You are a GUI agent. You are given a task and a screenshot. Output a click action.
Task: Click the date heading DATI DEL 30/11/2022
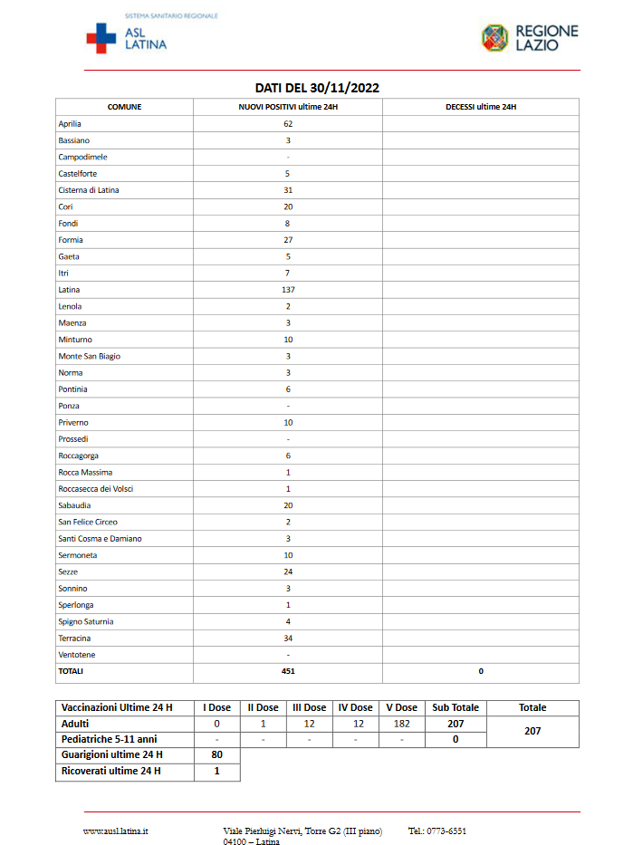316,88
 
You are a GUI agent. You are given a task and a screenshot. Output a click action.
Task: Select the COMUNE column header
125,107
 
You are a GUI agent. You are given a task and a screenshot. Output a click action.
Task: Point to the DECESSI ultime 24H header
480,107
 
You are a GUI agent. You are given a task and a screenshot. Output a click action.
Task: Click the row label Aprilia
71,123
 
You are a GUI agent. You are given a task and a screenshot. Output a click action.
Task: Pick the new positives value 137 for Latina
288,290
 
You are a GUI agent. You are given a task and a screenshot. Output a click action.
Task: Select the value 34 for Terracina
288,638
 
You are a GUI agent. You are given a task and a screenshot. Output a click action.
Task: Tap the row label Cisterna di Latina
89,190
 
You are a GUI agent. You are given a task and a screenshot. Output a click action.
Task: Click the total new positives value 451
288,671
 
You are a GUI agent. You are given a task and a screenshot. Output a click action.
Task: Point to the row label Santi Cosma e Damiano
100,539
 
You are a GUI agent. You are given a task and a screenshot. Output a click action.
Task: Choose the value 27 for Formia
288,240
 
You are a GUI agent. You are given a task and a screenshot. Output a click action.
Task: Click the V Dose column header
401,707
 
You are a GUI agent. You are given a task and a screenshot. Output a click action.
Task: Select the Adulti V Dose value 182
401,724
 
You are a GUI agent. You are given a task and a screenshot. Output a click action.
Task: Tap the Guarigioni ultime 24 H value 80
217,754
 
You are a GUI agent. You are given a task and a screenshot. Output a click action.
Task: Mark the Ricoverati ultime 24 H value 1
217,772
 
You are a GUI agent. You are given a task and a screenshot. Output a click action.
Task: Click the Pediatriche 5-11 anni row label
109,739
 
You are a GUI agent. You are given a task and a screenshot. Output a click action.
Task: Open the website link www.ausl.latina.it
116,831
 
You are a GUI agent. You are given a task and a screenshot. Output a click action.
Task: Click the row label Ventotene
77,655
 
